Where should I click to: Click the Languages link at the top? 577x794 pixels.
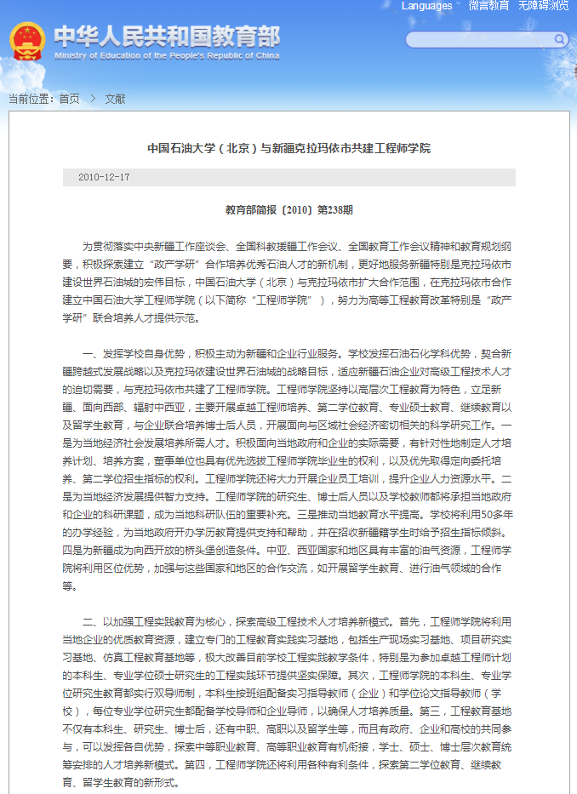[x=426, y=6]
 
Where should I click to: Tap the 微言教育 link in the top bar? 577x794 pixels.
[x=488, y=6]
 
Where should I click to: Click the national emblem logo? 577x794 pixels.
[x=27, y=42]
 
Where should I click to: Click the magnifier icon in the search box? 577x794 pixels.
[x=560, y=39]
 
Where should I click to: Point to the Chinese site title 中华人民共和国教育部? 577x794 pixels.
[x=166, y=37]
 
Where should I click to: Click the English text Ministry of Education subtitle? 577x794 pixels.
[x=166, y=55]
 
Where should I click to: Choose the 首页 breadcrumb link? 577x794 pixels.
[x=69, y=99]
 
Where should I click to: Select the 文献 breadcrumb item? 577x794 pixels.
[x=115, y=99]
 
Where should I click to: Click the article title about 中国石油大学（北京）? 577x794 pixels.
[x=288, y=148]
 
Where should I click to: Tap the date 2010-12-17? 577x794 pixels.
[x=104, y=177]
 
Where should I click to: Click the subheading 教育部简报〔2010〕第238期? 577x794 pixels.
[x=288, y=208]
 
